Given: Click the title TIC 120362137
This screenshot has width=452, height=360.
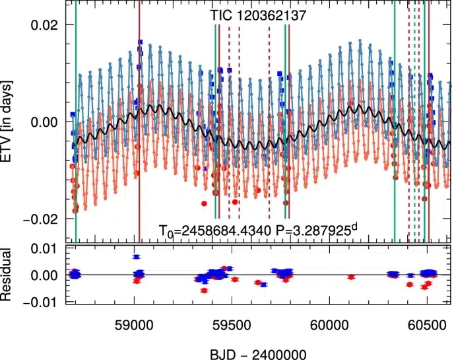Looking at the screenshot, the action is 257,15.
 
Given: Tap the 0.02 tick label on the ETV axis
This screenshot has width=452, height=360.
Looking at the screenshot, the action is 44,25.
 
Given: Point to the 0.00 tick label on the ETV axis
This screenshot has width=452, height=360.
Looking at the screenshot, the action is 44,122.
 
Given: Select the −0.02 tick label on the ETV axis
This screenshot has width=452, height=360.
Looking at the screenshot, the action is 40,219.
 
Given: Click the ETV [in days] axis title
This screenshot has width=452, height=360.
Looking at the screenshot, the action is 6,122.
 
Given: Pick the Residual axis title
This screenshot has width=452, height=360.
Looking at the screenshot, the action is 6,275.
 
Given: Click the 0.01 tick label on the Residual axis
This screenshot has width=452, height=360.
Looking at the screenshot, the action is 44,249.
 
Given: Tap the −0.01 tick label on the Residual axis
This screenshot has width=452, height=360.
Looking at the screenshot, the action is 40,303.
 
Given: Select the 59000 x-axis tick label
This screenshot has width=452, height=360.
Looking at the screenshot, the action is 134,326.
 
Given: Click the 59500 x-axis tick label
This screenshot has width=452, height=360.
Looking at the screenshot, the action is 232,326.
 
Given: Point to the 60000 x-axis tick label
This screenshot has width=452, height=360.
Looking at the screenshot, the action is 329,326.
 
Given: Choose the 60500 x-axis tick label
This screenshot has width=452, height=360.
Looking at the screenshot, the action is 427,326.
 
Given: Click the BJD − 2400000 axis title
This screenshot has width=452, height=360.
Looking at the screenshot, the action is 258,354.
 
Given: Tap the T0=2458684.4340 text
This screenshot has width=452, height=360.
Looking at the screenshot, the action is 215,231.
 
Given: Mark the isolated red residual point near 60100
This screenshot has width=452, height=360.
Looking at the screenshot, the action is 351,277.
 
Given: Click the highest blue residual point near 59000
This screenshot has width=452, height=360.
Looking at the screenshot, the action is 136,257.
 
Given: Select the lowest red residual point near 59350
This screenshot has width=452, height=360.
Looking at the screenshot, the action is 204,291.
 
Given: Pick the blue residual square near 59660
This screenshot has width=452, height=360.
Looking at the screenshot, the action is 263,285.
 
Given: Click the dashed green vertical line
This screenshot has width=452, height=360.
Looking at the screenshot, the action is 414,121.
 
